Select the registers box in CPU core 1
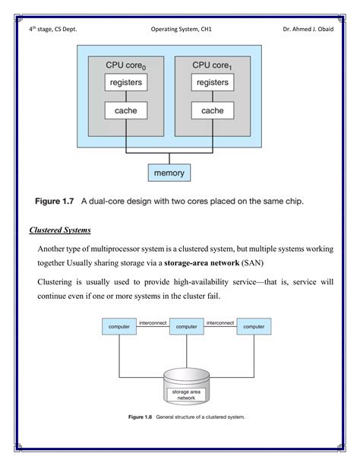click(x=212, y=82)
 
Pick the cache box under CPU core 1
click(x=212, y=111)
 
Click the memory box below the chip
click(x=169, y=173)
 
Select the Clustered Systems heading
click(x=60, y=230)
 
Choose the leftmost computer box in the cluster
click(x=118, y=327)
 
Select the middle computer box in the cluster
click(x=186, y=327)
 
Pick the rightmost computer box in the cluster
click(x=254, y=327)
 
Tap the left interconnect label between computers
click(x=152, y=322)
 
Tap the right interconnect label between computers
click(x=220, y=322)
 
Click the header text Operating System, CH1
click(x=181, y=30)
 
